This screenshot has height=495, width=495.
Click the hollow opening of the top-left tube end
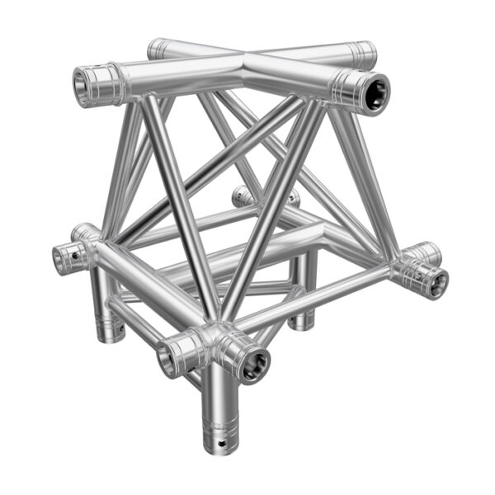[x=85, y=84]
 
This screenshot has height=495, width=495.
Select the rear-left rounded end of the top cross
[x=158, y=46]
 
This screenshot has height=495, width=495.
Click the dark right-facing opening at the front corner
[x=253, y=363]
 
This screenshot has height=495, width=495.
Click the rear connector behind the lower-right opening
[x=426, y=252]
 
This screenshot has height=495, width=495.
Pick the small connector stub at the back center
[x=242, y=196]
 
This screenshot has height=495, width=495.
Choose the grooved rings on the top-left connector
[x=110, y=83]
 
